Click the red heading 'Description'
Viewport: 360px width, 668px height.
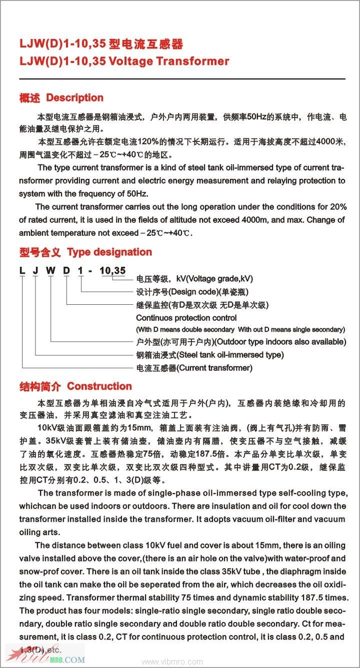[74, 98]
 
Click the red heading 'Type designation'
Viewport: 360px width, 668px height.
[109, 252]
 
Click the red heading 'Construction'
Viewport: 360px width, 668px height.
[99, 386]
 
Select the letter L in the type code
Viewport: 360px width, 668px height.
[22, 271]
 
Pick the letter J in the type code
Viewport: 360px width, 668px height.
[36, 271]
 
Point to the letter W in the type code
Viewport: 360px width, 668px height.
[51, 271]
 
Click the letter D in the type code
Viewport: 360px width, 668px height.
[66, 271]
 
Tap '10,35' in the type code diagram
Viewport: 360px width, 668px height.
[112, 271]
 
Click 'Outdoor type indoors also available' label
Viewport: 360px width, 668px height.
[280, 342]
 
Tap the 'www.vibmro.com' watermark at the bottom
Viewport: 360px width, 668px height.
[172, 662]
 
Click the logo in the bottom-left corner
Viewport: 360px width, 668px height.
[45, 655]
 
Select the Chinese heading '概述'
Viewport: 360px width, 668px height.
[29, 98]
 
